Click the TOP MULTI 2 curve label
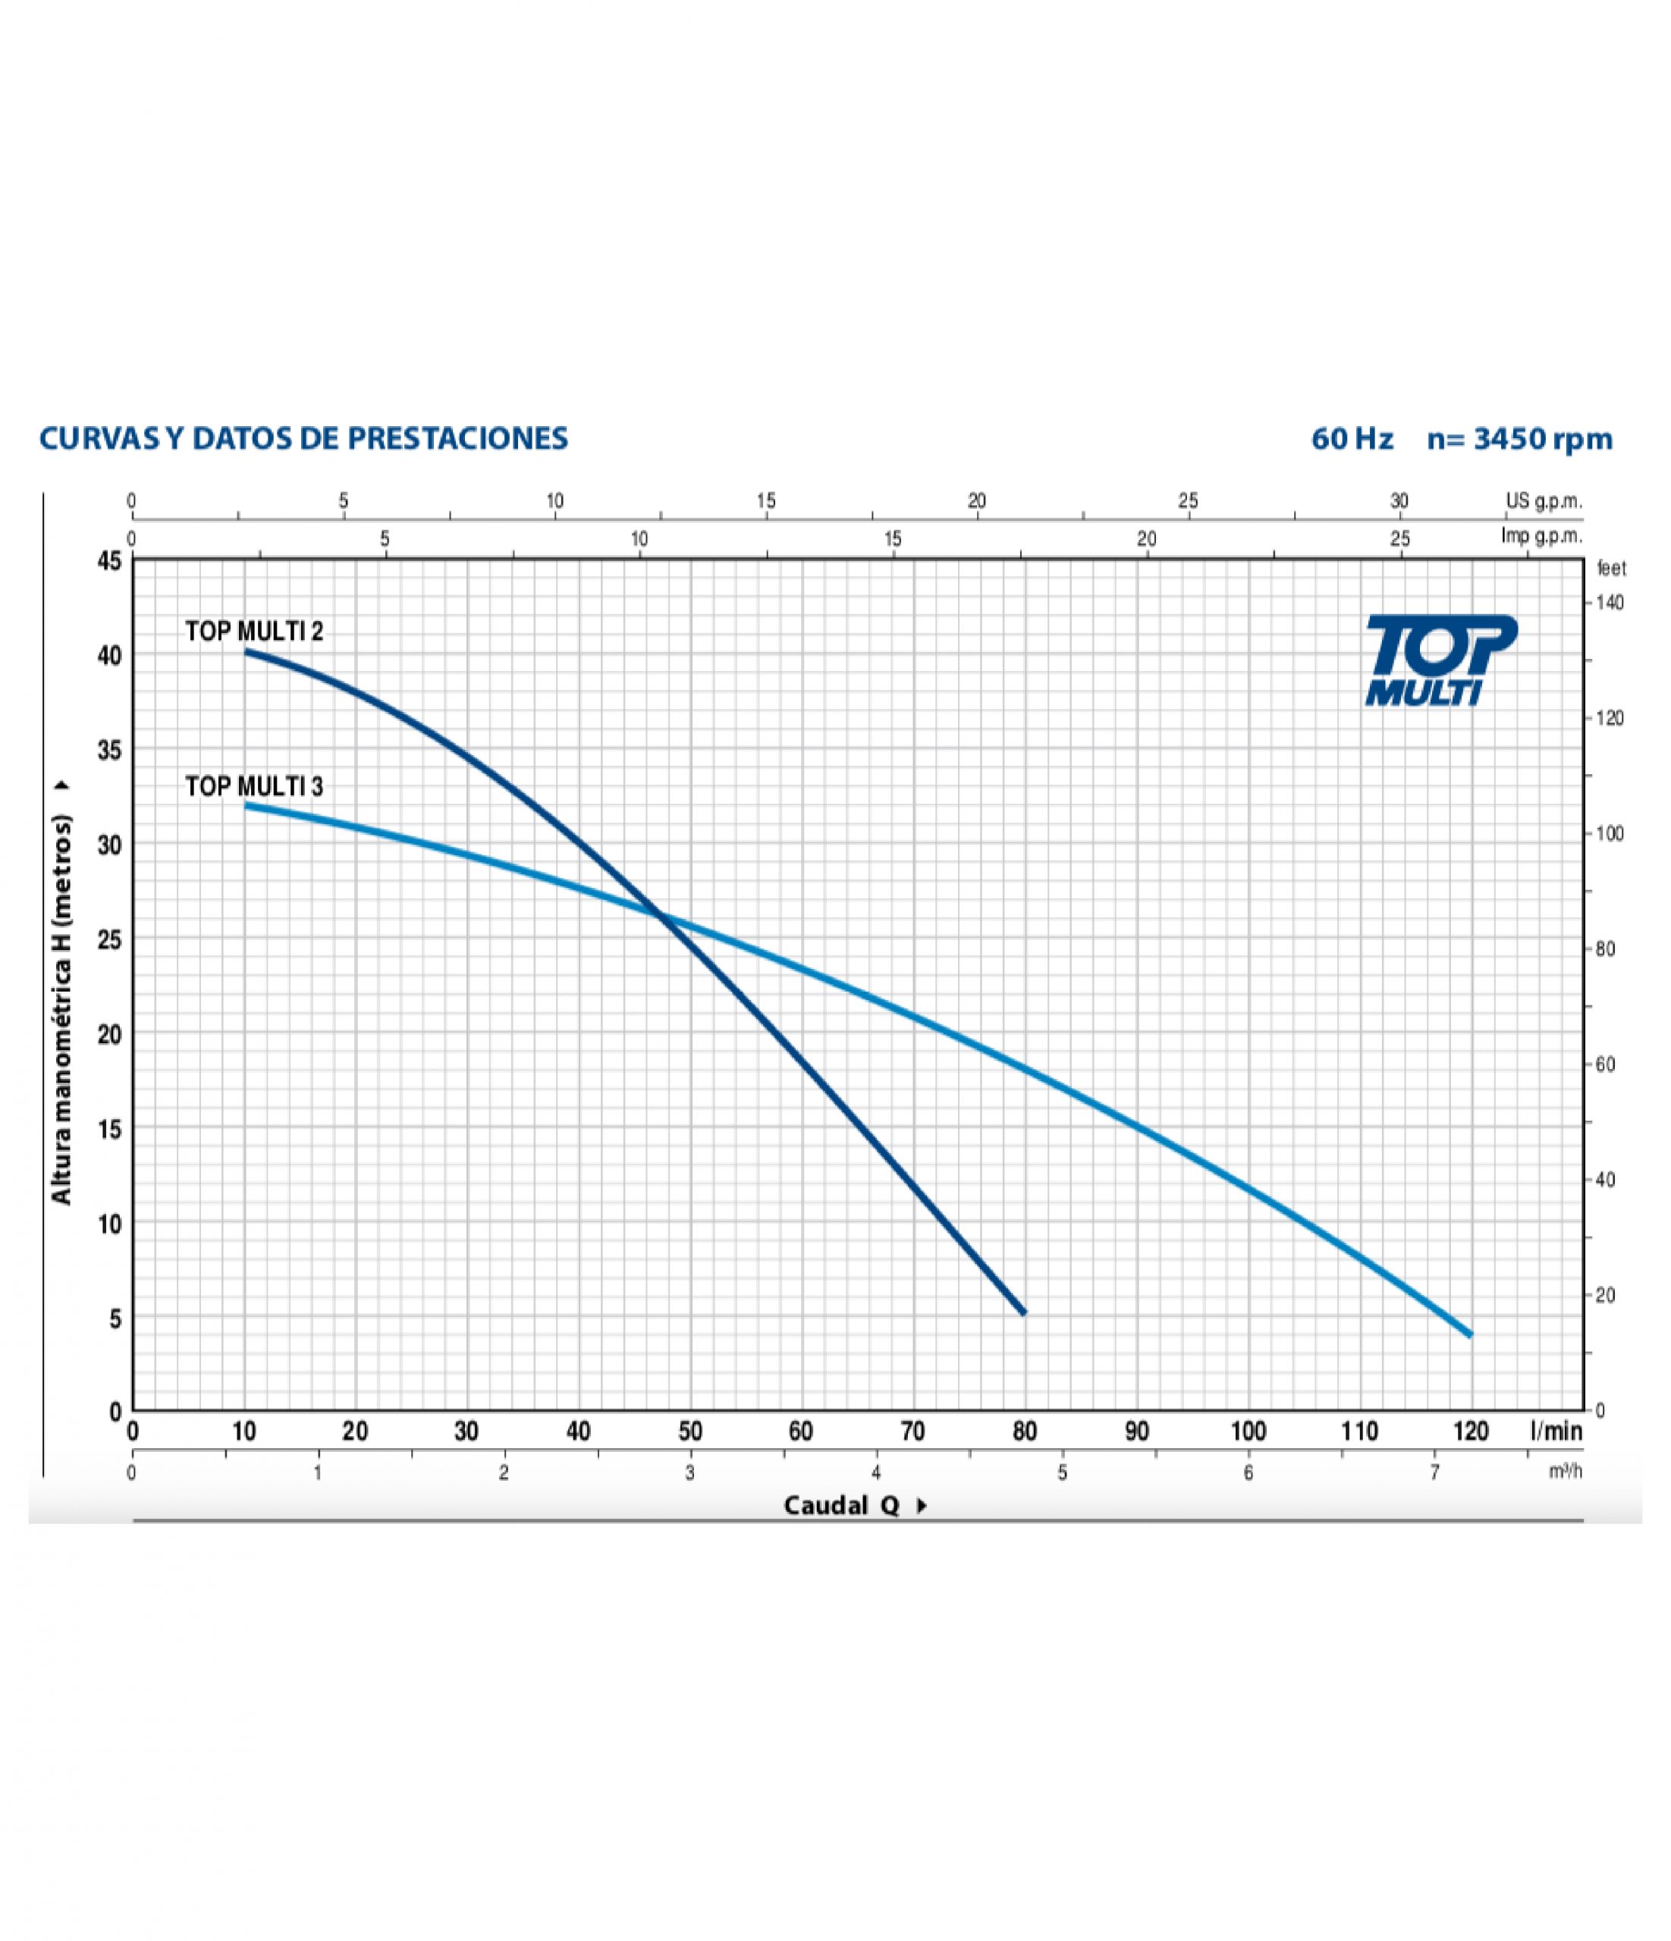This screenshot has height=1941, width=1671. [x=254, y=632]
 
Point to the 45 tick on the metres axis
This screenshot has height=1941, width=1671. [x=110, y=561]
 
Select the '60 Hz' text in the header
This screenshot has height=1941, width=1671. [x=1352, y=438]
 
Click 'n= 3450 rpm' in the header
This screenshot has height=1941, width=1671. [x=1519, y=438]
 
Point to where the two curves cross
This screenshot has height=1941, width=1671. [x=664, y=916]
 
